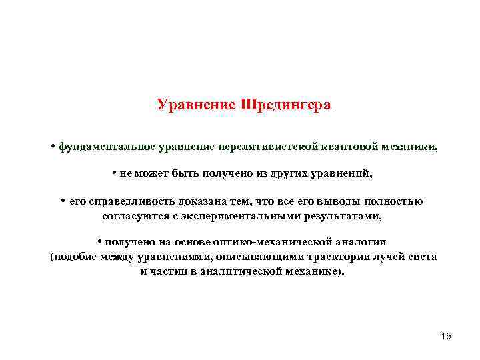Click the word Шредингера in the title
click(x=289, y=105)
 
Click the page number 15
click(x=446, y=336)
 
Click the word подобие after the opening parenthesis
click(x=77, y=257)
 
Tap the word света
click(x=422, y=257)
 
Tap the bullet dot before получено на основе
click(x=99, y=242)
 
